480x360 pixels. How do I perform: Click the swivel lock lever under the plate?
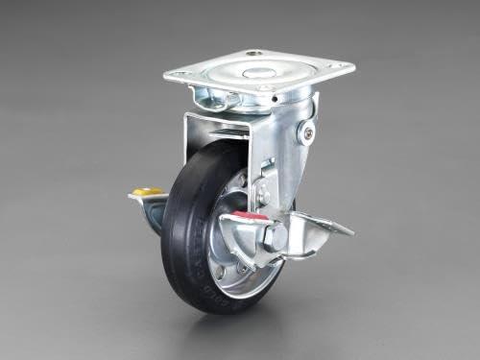pyautogui.click(x=216, y=97)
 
